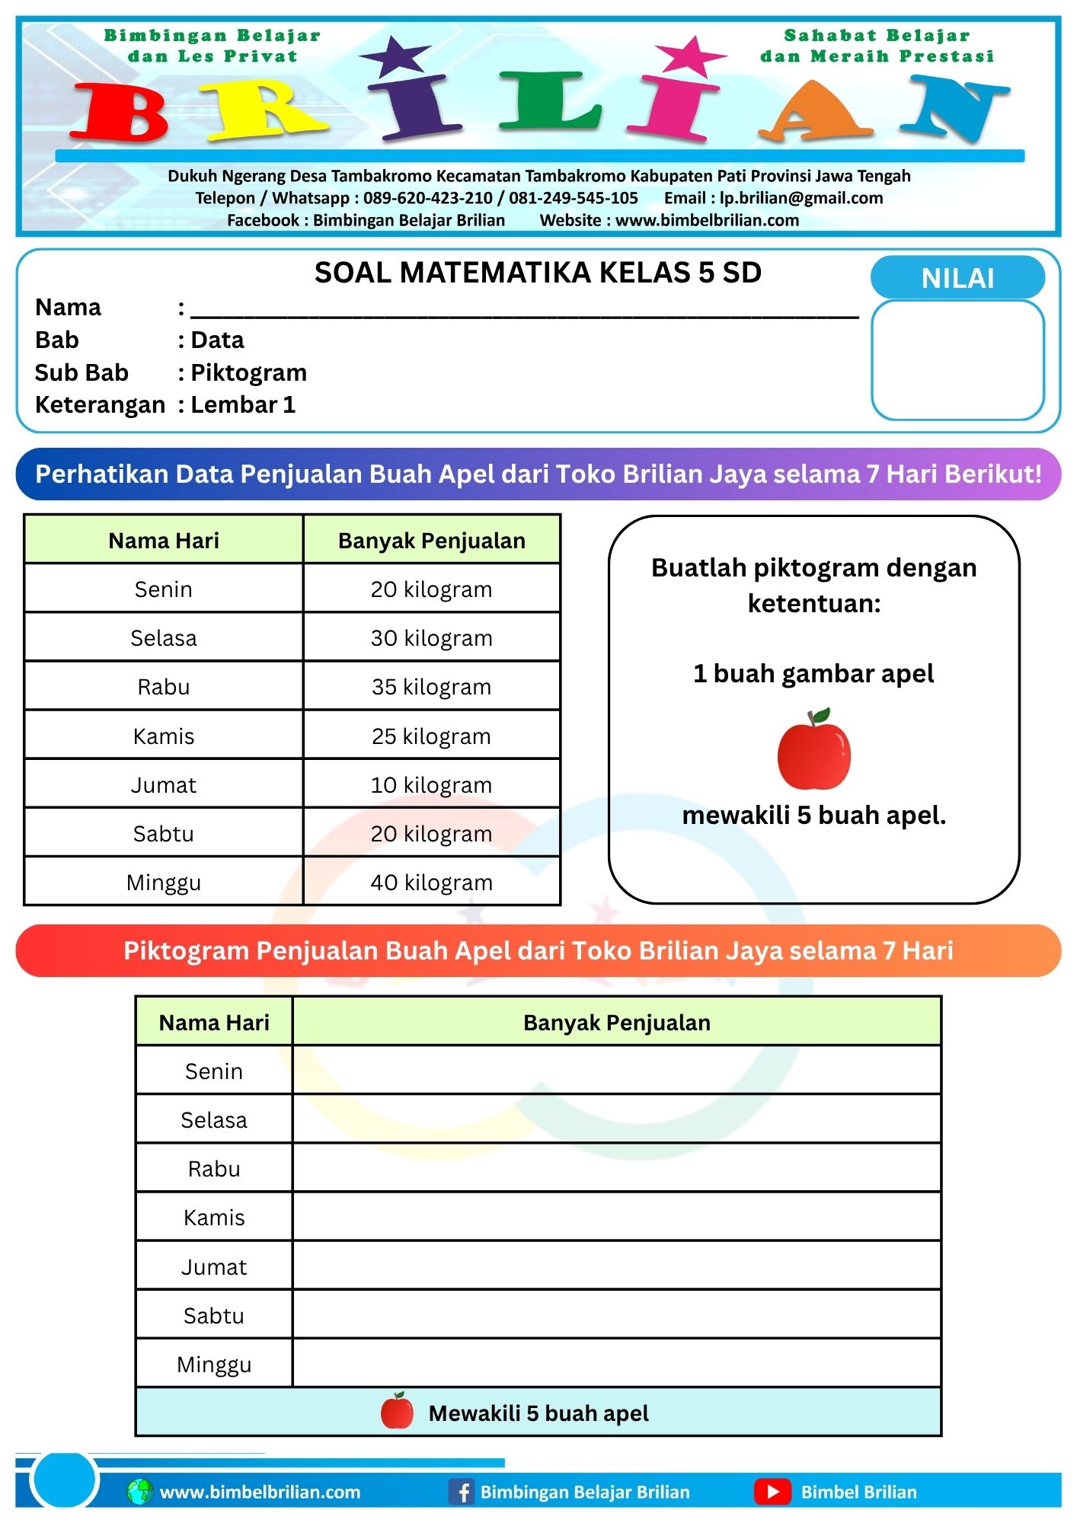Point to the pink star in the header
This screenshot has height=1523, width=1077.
pos(689,56)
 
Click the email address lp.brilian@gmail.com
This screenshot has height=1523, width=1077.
pos(801,198)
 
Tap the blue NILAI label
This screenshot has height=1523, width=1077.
pos(957,278)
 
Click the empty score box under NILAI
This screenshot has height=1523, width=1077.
pos(957,360)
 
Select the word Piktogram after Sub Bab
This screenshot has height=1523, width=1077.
pos(248,372)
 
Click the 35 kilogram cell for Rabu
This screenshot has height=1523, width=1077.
pos(431,687)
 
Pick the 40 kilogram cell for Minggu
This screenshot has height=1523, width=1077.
pos(431,883)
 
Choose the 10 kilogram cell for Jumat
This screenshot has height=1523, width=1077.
pos(431,785)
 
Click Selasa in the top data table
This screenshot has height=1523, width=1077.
pos(164,638)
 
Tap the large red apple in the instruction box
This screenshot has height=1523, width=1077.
pos(813,751)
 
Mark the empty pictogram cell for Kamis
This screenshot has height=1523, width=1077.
pos(617,1217)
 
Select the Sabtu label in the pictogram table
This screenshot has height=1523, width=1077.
pos(214,1316)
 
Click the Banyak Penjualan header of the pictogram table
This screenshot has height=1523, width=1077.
pos(617,1023)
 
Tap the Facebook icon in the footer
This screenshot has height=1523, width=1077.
pos(462,1491)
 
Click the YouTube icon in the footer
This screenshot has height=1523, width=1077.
pos(772,1491)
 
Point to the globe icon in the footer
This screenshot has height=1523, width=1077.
pos(140,1491)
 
